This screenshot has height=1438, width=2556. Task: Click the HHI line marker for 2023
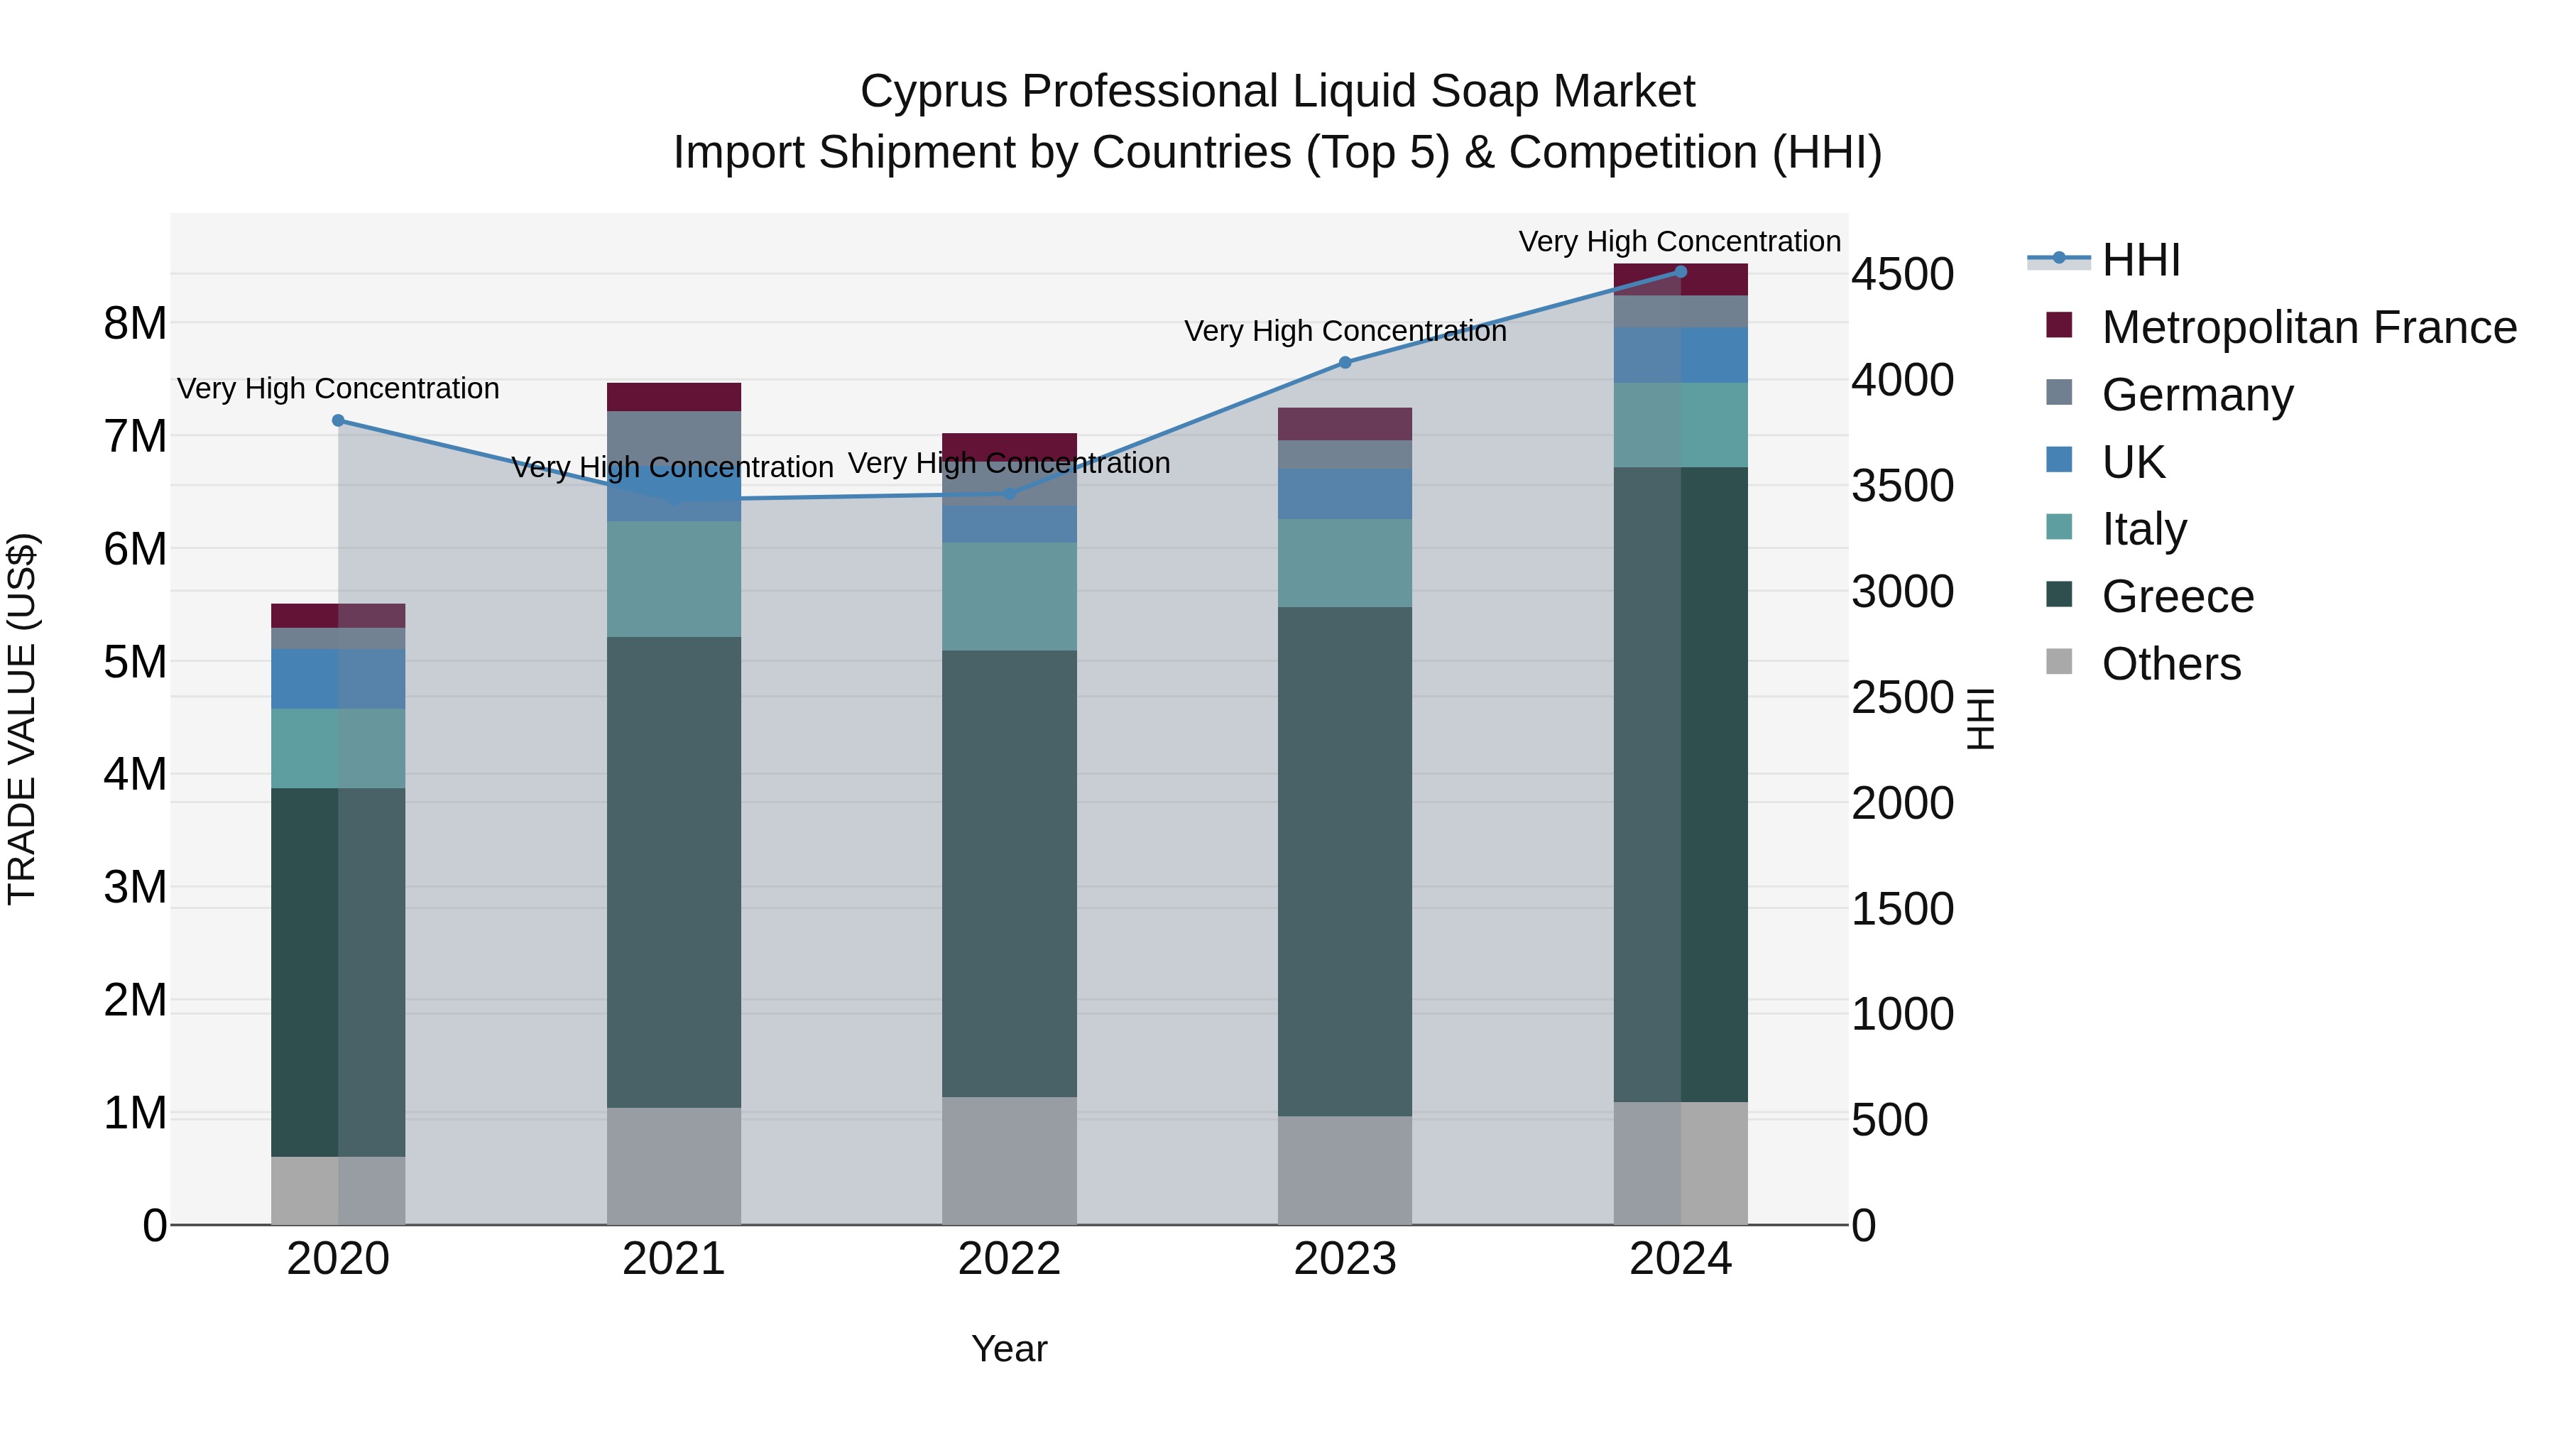coord(1345,363)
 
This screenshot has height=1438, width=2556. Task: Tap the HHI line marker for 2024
coord(1680,272)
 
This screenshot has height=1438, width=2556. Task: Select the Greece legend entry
coord(2177,597)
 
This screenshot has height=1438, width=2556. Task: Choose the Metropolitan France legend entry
coord(2308,327)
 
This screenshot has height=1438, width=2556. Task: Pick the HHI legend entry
coord(2140,260)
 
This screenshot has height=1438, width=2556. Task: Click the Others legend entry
coord(2170,664)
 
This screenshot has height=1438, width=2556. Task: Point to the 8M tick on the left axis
coord(135,324)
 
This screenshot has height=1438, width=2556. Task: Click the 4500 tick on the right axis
coord(1902,275)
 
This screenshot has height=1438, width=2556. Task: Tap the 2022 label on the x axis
coord(1009,1259)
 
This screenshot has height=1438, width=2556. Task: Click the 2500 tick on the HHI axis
coord(1902,697)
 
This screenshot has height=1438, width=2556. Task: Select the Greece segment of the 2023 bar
coord(1345,861)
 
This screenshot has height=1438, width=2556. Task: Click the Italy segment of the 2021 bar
coord(674,579)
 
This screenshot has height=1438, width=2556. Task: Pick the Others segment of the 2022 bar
coord(1009,1160)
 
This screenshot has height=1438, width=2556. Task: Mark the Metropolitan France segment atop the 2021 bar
coord(674,397)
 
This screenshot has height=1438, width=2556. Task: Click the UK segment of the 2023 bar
coord(1345,494)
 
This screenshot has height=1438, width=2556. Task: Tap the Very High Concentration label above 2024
coord(1679,242)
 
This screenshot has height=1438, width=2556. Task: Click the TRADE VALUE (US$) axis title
coord(23,719)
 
